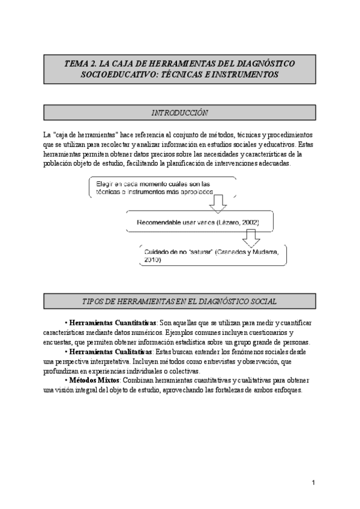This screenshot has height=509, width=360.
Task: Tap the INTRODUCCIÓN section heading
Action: coord(179,112)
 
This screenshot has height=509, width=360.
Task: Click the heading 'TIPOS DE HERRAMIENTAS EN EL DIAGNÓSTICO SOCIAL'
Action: coord(179,301)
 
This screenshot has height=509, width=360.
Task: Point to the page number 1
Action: coord(314,482)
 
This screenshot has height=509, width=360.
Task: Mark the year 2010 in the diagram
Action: coord(152,260)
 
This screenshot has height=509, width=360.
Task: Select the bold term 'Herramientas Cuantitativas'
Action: coord(113,323)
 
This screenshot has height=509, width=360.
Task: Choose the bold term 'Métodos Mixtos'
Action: coord(94,380)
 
